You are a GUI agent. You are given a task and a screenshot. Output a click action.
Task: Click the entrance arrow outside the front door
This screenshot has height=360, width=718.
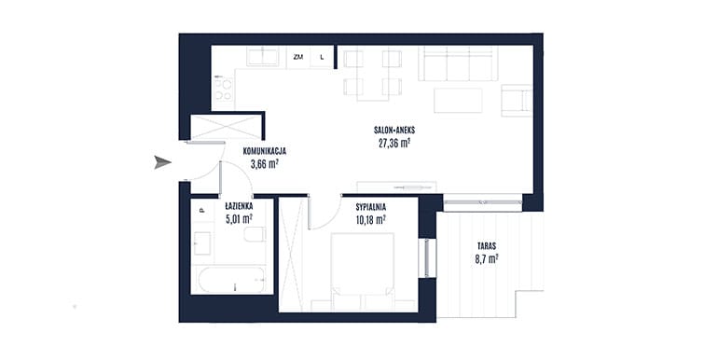tap(162, 162)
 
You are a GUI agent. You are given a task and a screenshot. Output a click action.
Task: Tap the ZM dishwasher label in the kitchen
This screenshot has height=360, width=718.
tap(298, 57)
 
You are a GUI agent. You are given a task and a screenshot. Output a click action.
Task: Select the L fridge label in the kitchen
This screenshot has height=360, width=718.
tap(322, 57)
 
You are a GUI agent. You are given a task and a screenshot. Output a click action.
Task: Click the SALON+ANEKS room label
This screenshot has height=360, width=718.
tap(394, 130)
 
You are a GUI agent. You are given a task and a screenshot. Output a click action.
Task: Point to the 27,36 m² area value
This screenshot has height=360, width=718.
tap(394, 144)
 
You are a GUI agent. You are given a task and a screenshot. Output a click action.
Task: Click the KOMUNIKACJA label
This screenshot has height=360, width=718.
tap(265, 151)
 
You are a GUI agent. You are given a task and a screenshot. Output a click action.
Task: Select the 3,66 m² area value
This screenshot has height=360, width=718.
tap(265, 164)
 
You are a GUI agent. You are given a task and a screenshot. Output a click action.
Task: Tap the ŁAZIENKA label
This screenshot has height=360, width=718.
tap(239, 206)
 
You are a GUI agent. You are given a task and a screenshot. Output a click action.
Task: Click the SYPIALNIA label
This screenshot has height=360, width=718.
tap(371, 207)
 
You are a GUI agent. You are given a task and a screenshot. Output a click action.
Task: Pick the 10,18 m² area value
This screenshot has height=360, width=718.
tap(370, 220)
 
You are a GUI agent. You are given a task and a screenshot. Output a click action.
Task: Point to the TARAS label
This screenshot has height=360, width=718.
tap(486, 246)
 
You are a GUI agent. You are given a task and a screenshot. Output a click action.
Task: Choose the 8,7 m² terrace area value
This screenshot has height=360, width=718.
tap(487, 259)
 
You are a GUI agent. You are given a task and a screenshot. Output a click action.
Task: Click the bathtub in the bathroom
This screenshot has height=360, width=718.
tap(231, 280)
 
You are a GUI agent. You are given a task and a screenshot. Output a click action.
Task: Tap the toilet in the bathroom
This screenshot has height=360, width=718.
tap(255, 234)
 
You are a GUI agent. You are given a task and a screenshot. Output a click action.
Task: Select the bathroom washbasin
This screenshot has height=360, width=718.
tap(202, 243)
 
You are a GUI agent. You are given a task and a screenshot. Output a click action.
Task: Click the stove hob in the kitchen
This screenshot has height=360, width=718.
tap(224, 90)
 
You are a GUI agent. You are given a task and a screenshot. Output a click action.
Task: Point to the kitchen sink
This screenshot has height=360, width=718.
tap(263, 57)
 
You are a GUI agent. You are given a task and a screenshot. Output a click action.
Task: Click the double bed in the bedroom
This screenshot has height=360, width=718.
tap(362, 266)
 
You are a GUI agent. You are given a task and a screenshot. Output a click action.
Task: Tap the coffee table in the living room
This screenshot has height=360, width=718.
tap(458, 101)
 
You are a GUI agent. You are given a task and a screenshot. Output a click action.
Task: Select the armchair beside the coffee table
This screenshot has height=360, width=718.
tap(517, 101)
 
